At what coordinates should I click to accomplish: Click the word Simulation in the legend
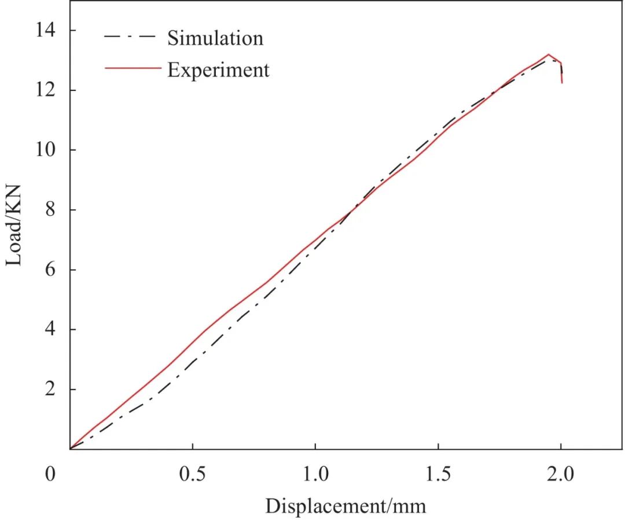[215, 38]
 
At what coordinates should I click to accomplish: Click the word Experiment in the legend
[218, 70]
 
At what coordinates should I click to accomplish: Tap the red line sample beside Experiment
[132, 68]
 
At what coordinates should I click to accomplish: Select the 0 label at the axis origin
[51, 474]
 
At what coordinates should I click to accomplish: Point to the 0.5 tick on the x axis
[192, 474]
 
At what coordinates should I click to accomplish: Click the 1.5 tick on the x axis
[438, 474]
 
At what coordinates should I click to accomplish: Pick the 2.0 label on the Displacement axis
[561, 474]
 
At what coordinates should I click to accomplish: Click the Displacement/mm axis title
[345, 506]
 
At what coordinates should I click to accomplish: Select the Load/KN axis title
[14, 226]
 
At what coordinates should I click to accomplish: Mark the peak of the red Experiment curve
[549, 54]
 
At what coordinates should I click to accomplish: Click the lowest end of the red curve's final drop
[562, 83]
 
